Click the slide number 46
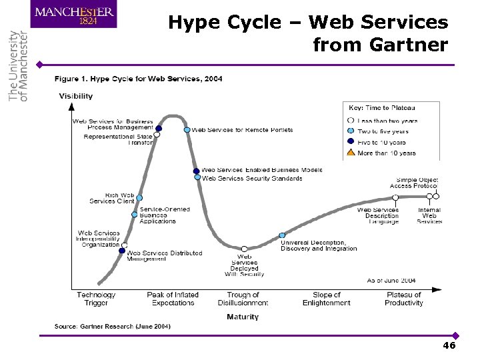[449, 346]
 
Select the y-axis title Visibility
[76, 96]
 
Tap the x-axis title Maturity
[243, 317]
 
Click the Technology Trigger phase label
[96, 299]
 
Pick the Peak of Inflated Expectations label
[173, 299]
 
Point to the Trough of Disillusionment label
[243, 299]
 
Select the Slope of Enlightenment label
[326, 299]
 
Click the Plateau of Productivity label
[403, 299]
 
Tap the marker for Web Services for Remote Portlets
[187, 130]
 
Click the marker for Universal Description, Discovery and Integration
[282, 235]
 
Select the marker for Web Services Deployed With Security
[245, 249]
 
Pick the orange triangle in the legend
[351, 153]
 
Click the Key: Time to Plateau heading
[382, 107]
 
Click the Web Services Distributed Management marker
[122, 251]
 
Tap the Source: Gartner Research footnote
[113, 326]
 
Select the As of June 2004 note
[392, 281]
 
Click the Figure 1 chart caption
[139, 79]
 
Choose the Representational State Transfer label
[119, 139]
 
